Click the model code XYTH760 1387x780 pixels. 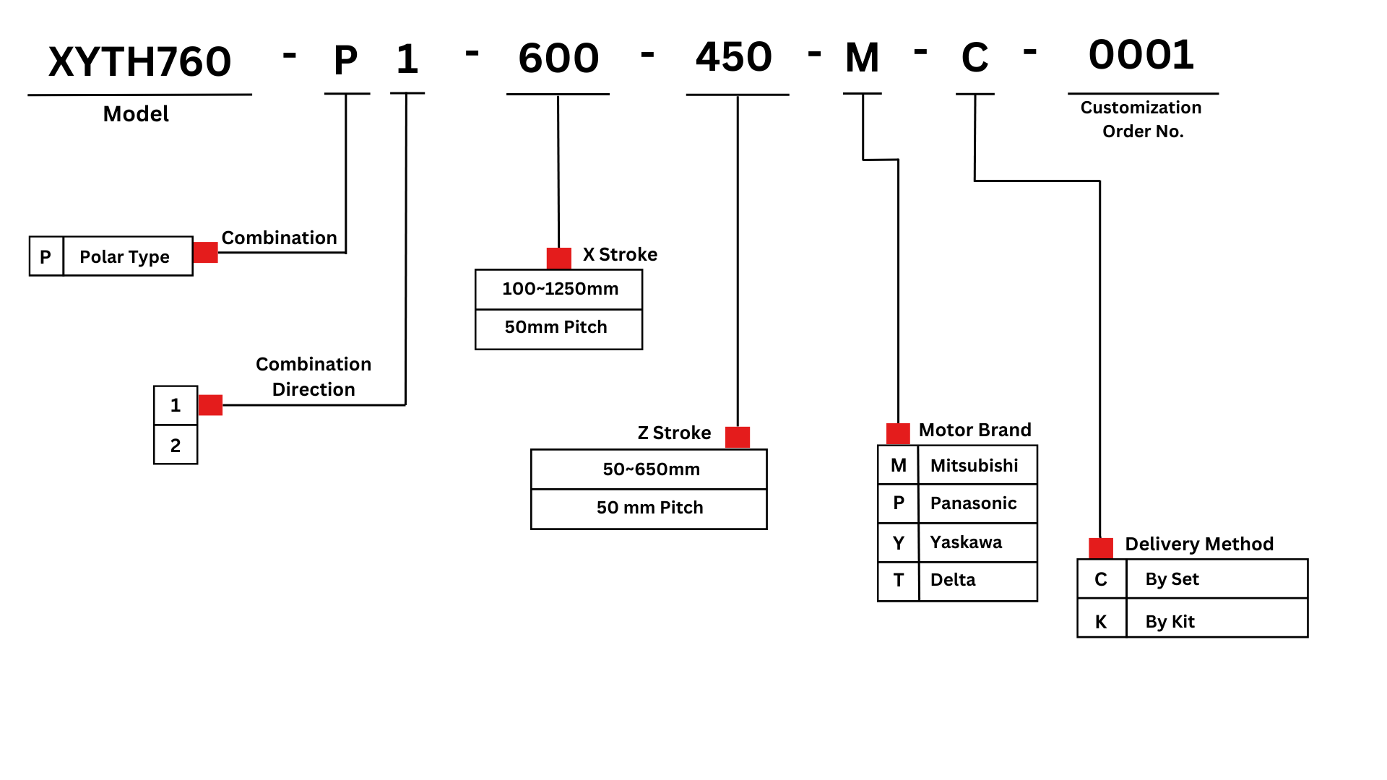139,61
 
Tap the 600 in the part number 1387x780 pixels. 558,58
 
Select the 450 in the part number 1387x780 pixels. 734,57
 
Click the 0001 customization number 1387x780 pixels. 1141,55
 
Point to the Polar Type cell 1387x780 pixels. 128,256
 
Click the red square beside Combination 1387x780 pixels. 206,252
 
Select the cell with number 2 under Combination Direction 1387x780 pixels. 176,445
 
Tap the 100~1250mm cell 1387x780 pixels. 559,289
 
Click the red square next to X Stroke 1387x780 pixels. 559,258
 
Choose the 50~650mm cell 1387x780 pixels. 649,469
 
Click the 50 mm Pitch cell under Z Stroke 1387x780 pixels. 649,508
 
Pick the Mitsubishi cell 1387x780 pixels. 977,465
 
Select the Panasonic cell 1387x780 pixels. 977,503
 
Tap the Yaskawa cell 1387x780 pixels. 977,542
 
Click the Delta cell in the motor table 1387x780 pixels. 977,580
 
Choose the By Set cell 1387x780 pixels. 1217,579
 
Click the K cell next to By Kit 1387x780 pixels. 1101,621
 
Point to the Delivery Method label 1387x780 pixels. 1199,544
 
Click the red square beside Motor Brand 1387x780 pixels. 898,433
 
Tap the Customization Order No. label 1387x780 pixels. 1141,119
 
